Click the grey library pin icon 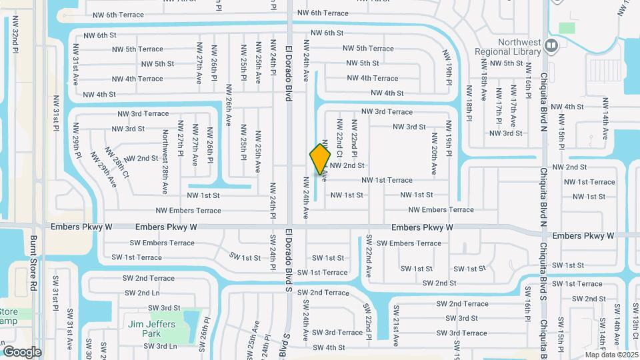(551, 45)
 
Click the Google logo (22, 351)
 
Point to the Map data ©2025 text (611, 354)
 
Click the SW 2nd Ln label (140, 293)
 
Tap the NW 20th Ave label (434, 154)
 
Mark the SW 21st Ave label (395, 326)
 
